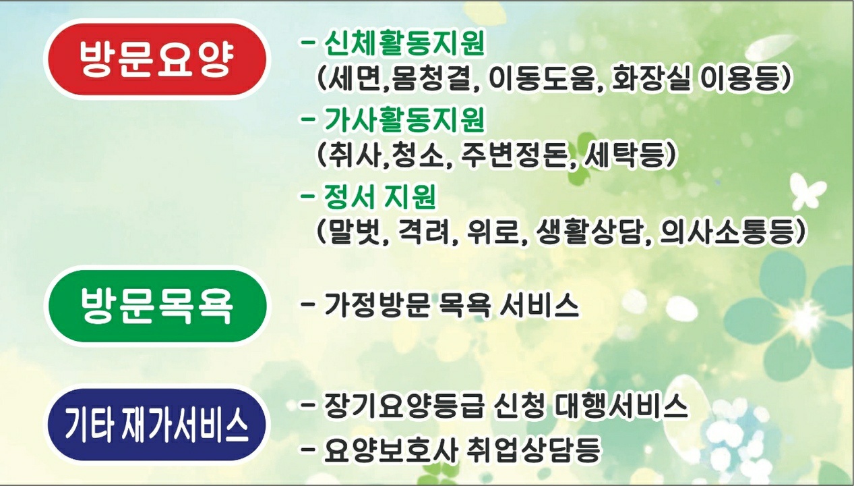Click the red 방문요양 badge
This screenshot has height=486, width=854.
coord(156,59)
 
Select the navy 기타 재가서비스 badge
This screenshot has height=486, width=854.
coord(156,425)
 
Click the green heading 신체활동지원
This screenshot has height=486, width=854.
coord(404,43)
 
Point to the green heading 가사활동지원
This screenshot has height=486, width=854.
coord(404,119)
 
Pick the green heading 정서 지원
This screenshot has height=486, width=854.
coord(379,196)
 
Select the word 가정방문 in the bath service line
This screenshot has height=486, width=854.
coord(377,304)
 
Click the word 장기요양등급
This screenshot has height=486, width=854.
coord(404,406)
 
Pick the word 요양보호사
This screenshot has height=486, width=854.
coord(390,450)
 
